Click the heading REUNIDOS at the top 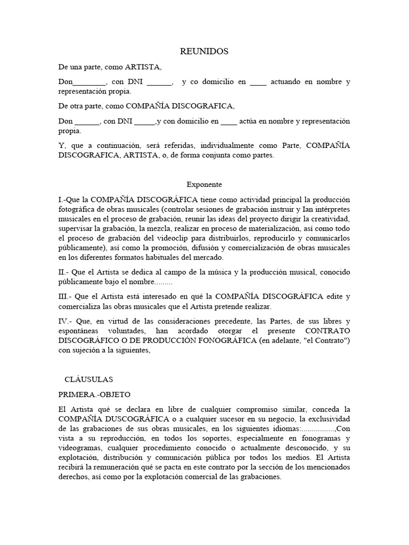tap(204, 52)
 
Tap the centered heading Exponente tap(204, 184)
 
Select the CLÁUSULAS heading tap(88, 379)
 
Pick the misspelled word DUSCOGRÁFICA tap(119, 419)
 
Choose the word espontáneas tap(80, 331)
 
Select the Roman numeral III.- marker tap(65, 296)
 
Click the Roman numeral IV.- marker tap(66, 321)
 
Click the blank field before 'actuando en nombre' tap(258, 82)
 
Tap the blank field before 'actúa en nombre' tap(228, 121)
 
